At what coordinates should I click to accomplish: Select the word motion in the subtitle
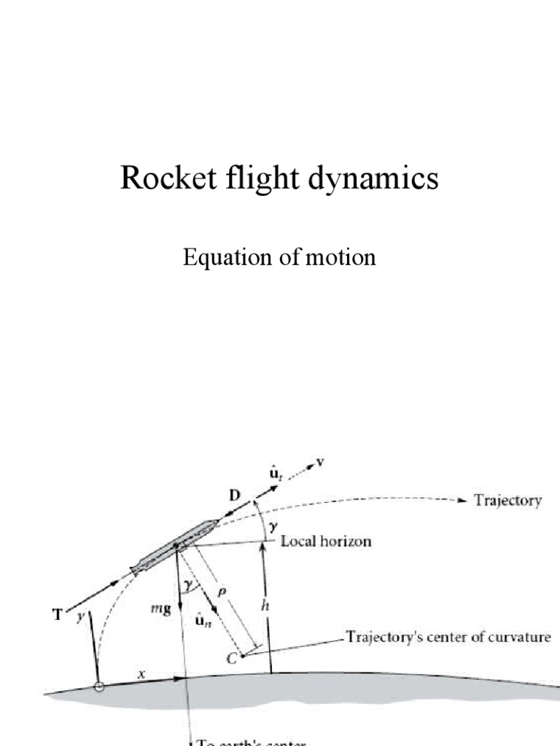coord(343,256)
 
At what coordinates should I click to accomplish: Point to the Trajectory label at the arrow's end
coord(507,501)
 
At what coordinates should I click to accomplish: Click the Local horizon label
coord(326,541)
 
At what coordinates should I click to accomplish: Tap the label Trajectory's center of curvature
coord(448,637)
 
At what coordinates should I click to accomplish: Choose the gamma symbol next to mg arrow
coord(190,585)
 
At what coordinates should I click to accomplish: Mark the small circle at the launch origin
coord(99,686)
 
